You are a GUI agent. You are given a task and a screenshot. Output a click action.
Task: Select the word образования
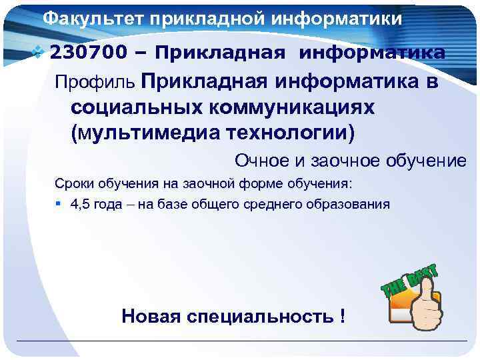click(349, 204)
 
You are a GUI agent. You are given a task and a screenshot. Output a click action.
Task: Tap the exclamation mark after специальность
click(343, 315)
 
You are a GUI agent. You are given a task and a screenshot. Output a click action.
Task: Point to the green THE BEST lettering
click(409, 280)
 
